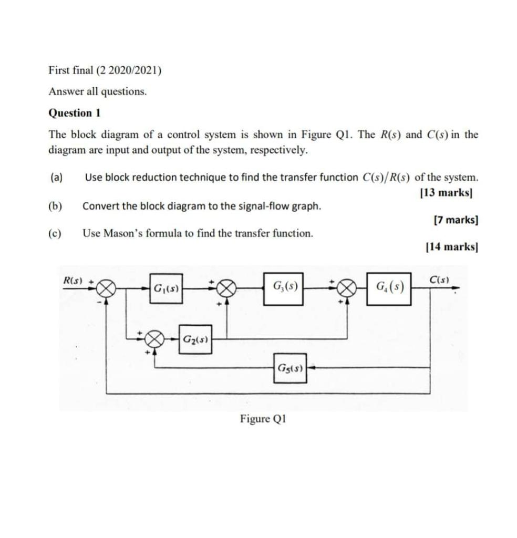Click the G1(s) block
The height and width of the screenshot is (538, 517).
pos(167,288)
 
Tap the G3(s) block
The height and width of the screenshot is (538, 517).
pos(285,287)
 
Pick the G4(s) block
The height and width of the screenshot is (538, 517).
pos(389,287)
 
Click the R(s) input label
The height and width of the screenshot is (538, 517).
pos(74,279)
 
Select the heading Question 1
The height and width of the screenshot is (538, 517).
pos(74,113)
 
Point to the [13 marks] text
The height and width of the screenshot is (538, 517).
pos(447,192)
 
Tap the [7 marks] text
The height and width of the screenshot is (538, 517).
pos(456,220)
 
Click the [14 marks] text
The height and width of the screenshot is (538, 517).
pos(451,246)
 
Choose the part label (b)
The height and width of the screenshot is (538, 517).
pos(55,205)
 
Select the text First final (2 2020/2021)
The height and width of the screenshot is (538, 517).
pos(105,70)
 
